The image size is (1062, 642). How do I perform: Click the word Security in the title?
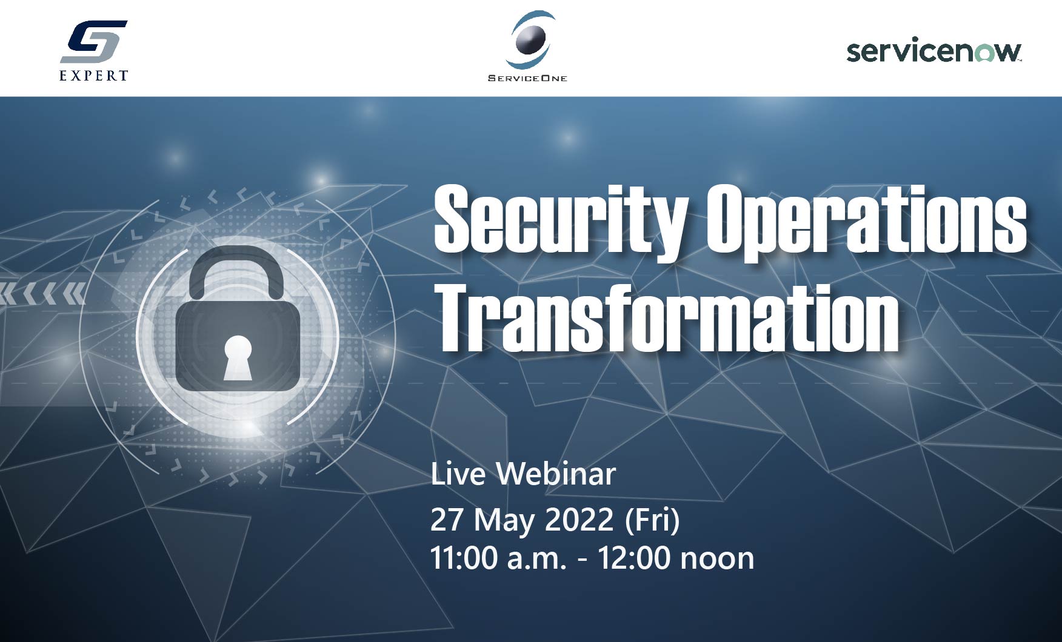click(560, 222)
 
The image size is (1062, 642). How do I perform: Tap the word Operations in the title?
click(867, 222)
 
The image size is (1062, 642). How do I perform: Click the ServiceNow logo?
click(934, 51)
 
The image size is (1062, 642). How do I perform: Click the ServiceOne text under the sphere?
click(527, 78)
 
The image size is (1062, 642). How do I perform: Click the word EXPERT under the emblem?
click(94, 75)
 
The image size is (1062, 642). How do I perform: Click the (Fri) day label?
click(652, 520)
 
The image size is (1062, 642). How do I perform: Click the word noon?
click(717, 560)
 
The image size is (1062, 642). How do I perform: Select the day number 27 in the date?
click(447, 520)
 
